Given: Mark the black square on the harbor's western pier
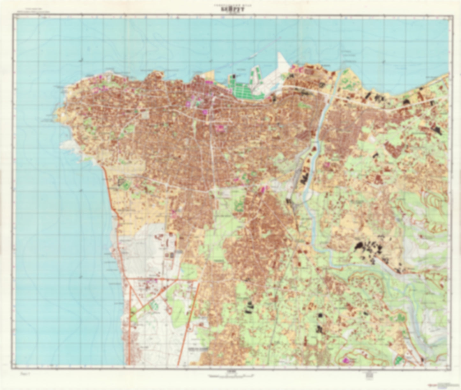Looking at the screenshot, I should point(234,77).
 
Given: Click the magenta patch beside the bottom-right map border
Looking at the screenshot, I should point(345,361).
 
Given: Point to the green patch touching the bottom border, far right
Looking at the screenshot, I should point(398,361).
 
